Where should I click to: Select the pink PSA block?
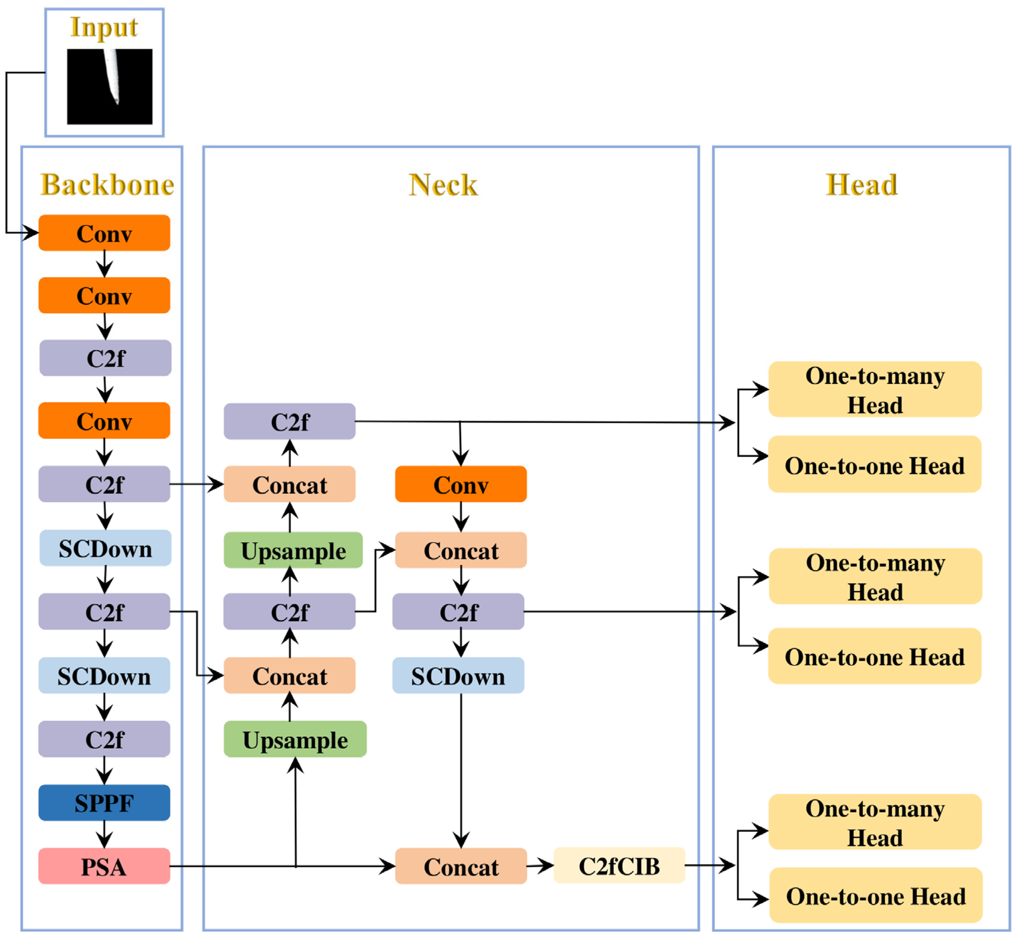pyautogui.click(x=104, y=866)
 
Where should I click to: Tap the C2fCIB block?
pyautogui.click(x=619, y=865)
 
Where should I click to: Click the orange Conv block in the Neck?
pyautogui.click(x=461, y=484)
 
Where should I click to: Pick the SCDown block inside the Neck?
pyautogui.click(x=458, y=675)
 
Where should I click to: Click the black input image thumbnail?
pyautogui.click(x=109, y=87)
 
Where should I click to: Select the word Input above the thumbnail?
pyautogui.click(x=104, y=28)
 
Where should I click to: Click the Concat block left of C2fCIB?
pyautogui.click(x=461, y=866)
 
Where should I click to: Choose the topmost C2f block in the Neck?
pyautogui.click(x=290, y=421)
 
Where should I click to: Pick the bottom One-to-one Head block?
pyautogui.click(x=876, y=895)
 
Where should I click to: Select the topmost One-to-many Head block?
pyautogui.click(x=875, y=389)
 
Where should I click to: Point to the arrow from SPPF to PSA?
pyautogui.click(x=104, y=835)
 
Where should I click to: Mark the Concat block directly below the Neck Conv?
pyautogui.click(x=461, y=550)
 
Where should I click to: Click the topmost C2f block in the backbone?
pyautogui.click(x=105, y=358)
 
